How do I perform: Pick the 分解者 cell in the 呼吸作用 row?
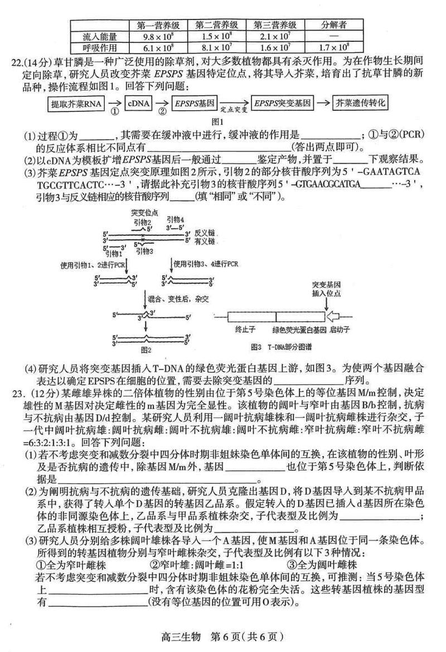(335, 47)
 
